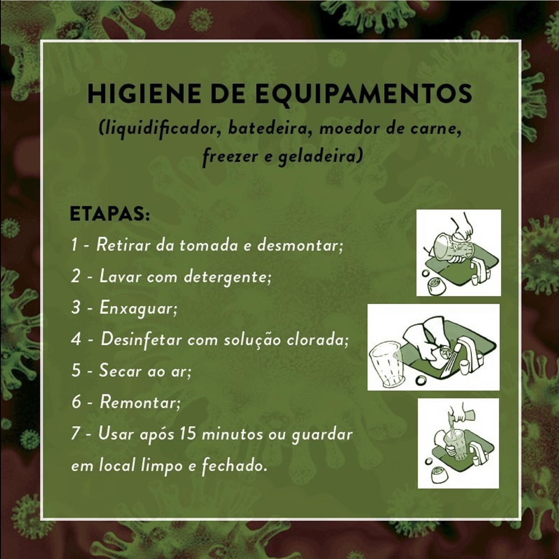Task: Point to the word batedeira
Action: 267,128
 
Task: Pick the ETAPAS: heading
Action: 110,214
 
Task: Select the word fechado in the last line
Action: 234,465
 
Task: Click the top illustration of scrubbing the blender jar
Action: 459,253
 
